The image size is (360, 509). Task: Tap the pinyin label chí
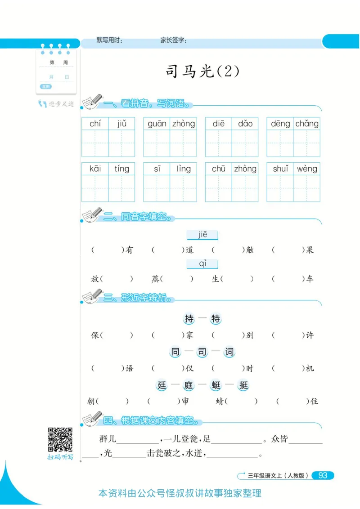coord(95,124)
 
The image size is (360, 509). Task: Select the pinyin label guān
coord(157,124)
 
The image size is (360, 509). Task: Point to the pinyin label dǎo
coord(245,124)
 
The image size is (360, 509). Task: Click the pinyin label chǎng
coord(307,124)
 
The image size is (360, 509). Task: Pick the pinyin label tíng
coord(121,169)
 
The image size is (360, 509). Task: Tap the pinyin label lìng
coord(184,169)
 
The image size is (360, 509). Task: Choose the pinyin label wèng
coord(307,169)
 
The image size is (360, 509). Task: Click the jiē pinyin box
coord(202,235)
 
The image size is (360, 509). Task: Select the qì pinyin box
coord(202,263)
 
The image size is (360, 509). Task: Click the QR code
coord(60,440)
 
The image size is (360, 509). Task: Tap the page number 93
coord(323,475)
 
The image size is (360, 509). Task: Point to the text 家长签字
coord(174,40)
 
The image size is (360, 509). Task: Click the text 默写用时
coord(109,40)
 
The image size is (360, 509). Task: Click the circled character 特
coord(216,319)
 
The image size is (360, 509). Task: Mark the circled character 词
coord(229,352)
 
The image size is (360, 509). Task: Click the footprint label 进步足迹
coord(61,104)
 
